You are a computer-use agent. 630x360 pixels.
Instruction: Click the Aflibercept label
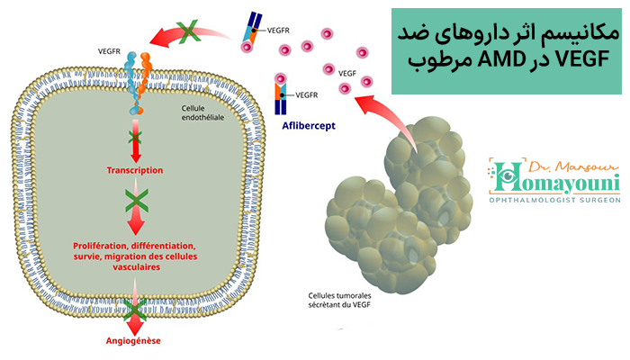309,126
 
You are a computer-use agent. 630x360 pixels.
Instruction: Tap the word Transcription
135,170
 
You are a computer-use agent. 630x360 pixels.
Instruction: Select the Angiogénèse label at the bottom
133,341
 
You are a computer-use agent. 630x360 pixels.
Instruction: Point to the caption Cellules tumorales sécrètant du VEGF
339,300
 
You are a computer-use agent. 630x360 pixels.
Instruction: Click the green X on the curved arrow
188,31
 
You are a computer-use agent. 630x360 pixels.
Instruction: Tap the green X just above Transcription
135,138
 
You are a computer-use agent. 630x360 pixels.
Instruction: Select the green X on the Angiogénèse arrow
135,310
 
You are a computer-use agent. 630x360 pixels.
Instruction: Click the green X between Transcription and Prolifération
137,201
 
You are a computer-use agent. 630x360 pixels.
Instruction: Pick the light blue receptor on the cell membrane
131,83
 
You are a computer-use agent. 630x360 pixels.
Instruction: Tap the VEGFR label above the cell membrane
109,51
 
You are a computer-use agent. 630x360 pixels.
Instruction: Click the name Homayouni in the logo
554,180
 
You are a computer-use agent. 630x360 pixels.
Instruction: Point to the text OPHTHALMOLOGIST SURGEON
555,200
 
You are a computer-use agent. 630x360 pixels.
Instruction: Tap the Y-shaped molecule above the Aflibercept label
281,99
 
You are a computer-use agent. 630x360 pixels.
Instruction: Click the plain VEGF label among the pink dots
347,74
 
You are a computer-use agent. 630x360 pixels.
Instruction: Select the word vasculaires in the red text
137,267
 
